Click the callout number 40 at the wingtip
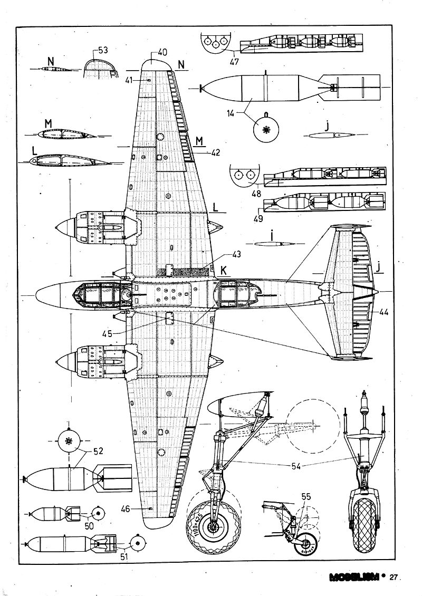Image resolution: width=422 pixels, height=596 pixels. (x=162, y=52)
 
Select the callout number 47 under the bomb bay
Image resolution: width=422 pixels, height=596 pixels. (x=234, y=62)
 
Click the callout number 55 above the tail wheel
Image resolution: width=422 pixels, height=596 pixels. (x=306, y=496)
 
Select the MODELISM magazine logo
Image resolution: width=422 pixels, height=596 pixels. (x=355, y=577)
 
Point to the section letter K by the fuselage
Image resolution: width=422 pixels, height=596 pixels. (x=224, y=270)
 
